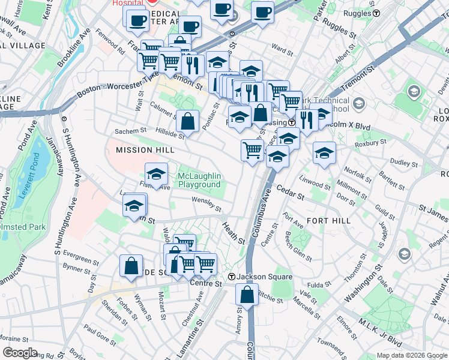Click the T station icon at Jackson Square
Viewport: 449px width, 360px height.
click(x=232, y=277)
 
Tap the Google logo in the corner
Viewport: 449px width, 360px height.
click(x=19, y=353)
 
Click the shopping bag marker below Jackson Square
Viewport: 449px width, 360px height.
click(x=247, y=295)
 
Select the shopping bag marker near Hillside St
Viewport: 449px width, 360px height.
click(x=188, y=121)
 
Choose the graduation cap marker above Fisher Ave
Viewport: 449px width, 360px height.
click(x=156, y=174)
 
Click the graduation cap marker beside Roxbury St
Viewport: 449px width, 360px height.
click(x=324, y=152)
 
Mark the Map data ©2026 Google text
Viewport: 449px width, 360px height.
click(x=412, y=355)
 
